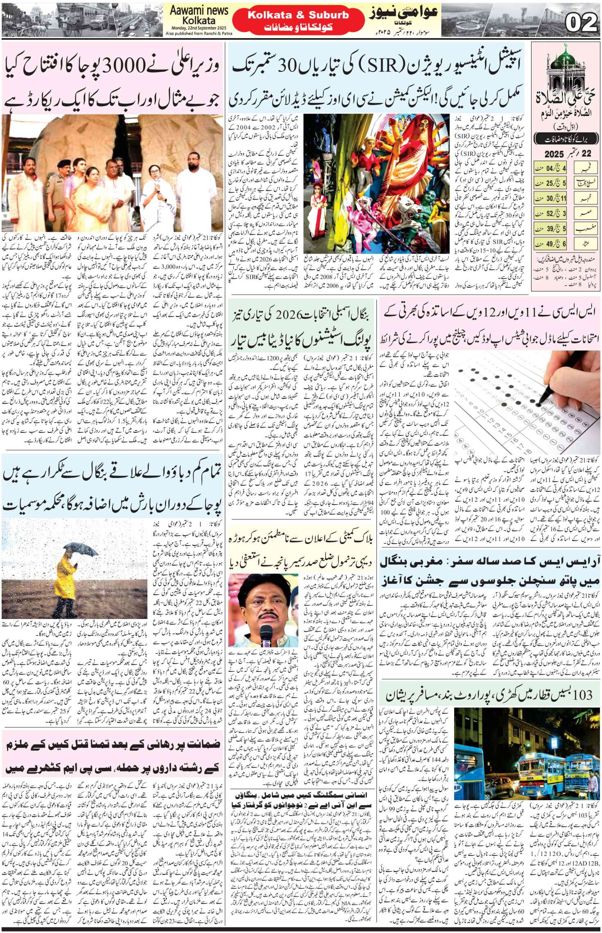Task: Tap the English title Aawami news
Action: click(199, 11)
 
